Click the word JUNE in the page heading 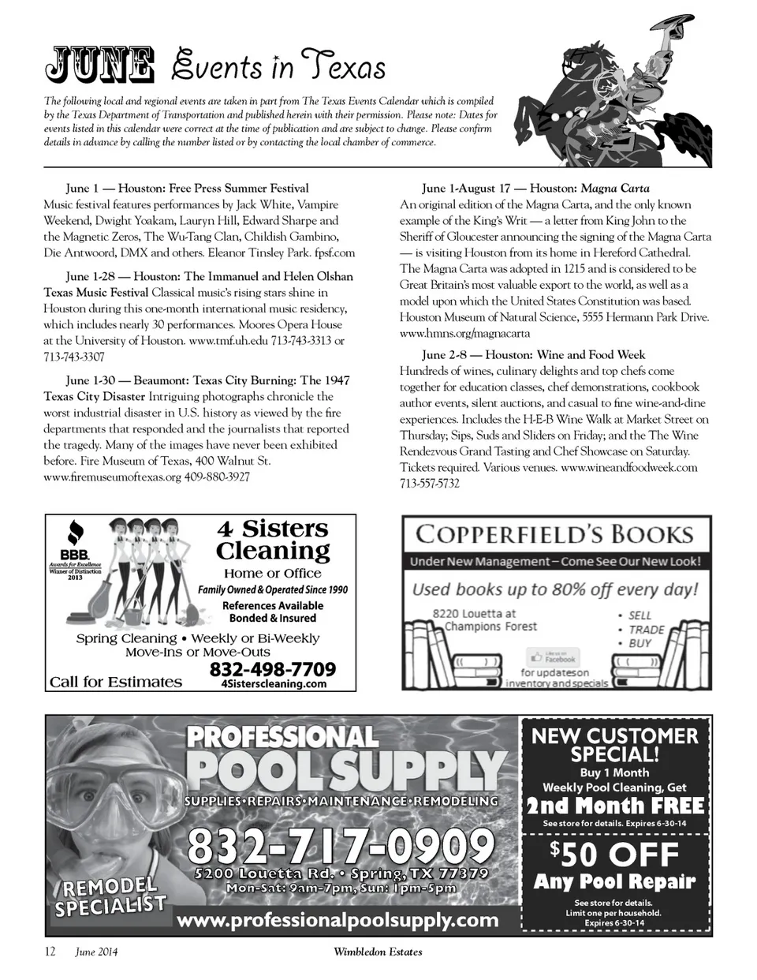99,66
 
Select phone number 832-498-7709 272,669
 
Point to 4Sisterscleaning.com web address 274,684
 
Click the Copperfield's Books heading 554,534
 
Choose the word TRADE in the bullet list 646,630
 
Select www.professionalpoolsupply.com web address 337,920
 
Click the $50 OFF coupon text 615,855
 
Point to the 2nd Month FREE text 615,806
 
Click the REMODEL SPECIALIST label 110,896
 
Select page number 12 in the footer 50,952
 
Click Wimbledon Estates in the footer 378,952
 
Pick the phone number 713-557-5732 430,484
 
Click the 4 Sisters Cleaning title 273,539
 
